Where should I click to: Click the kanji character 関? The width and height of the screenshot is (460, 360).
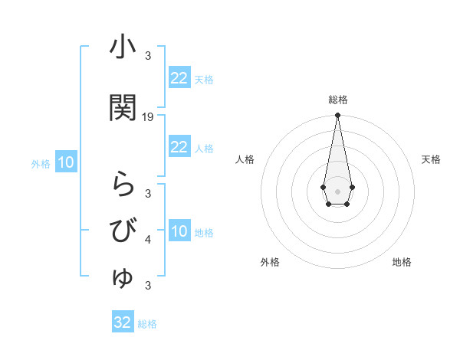tap(123, 108)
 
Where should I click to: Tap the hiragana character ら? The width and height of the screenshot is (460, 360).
tap(123, 185)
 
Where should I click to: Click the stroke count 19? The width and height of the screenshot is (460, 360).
tap(148, 117)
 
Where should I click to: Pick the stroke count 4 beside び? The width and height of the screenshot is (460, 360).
tap(148, 240)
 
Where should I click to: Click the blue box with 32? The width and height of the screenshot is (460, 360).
tap(123, 322)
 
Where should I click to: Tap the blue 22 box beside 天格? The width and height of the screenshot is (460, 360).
tap(179, 78)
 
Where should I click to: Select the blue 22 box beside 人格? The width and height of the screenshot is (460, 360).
tap(179, 147)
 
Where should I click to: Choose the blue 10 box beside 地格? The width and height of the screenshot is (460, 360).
tap(179, 231)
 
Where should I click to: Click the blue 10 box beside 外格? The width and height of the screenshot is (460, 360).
tap(65, 162)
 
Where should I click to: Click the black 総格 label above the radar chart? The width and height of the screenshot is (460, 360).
tap(337, 100)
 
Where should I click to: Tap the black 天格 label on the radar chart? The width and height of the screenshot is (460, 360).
tap(431, 159)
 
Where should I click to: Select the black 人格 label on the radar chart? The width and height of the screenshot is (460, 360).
tap(245, 159)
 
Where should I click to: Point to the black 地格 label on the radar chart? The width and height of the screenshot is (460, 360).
tap(402, 262)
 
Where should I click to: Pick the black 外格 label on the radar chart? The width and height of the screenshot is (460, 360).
tap(270, 262)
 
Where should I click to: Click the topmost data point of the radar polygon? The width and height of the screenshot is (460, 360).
tap(337, 116)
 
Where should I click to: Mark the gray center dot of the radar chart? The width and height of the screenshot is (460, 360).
tap(337, 190)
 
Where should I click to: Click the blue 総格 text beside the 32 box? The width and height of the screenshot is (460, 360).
tap(147, 324)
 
